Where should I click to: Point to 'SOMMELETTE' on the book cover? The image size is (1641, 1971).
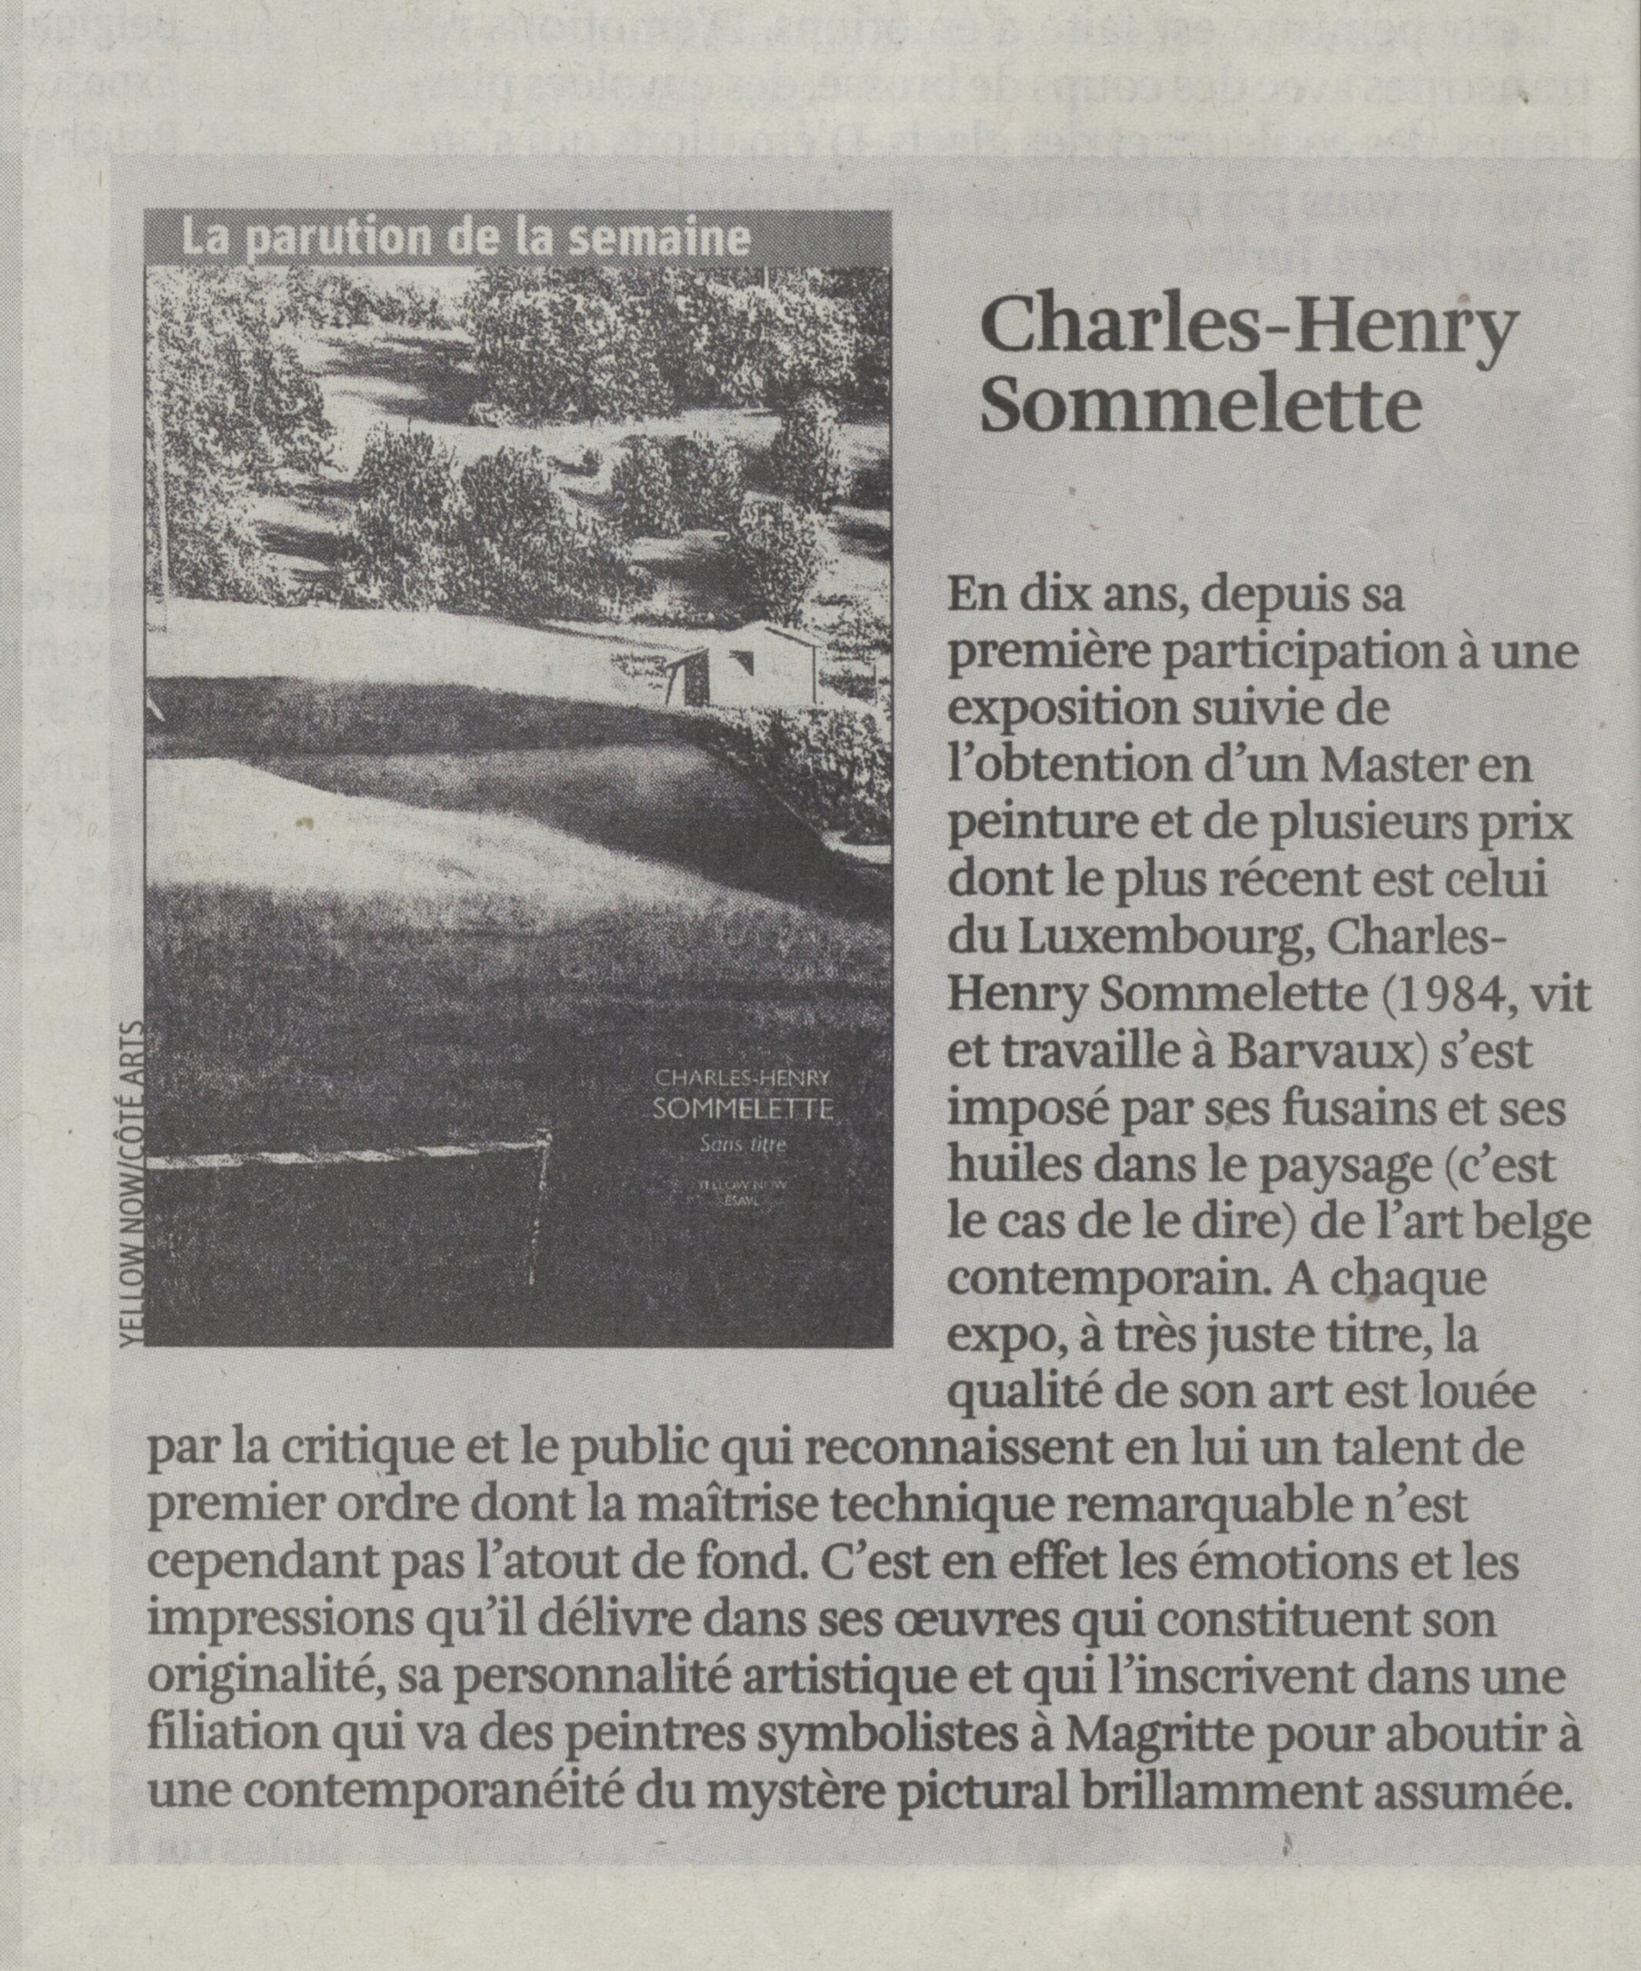click(x=742, y=1109)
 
